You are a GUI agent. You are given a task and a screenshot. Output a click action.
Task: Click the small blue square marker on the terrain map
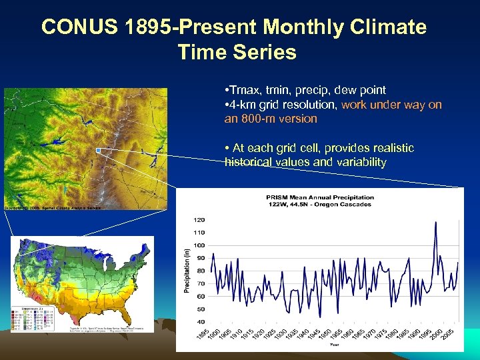98,151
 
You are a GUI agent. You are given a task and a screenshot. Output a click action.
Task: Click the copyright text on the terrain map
53,208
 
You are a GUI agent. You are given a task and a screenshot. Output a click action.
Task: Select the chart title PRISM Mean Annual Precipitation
320,197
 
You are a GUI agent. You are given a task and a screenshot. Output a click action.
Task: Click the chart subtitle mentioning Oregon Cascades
320,205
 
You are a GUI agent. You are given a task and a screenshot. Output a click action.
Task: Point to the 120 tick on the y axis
199,219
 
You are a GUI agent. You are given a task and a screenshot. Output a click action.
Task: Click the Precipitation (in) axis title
187,270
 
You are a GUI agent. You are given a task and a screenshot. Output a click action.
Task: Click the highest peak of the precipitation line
435,222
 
